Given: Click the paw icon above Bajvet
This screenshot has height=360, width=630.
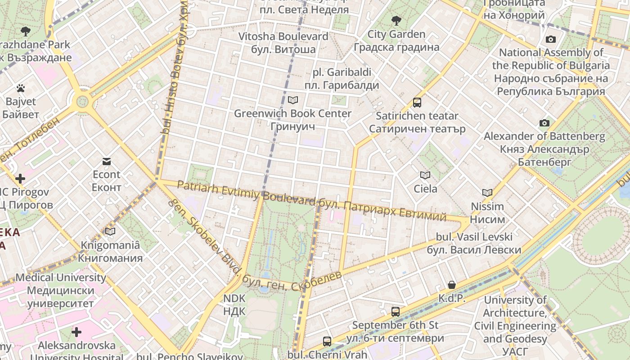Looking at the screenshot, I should point(21,88).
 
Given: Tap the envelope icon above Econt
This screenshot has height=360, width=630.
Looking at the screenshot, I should point(107,161).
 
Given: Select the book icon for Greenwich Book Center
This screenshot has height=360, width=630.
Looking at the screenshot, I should point(292,100).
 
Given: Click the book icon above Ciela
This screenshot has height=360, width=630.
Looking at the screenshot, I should point(425,175).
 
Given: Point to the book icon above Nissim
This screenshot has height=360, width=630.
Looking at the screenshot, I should point(487,193).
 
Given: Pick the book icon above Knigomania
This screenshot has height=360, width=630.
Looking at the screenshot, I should point(110,232).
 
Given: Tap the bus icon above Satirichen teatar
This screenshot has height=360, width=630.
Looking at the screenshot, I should point(417,103).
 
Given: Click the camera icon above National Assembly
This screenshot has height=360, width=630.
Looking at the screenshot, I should point(550,40).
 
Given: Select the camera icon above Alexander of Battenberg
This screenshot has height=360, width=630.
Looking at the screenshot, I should point(544,123).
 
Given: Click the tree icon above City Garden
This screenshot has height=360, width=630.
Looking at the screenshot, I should point(396,20).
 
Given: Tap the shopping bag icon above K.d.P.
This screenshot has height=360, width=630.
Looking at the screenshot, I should point(452,285).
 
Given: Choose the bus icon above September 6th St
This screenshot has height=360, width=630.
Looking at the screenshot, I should point(395,311).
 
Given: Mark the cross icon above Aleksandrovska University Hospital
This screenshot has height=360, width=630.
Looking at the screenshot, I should point(76,332).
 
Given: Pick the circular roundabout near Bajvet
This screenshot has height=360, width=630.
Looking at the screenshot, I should point(82,101).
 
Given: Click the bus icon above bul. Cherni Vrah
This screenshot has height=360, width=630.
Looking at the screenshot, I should point(327,342).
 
